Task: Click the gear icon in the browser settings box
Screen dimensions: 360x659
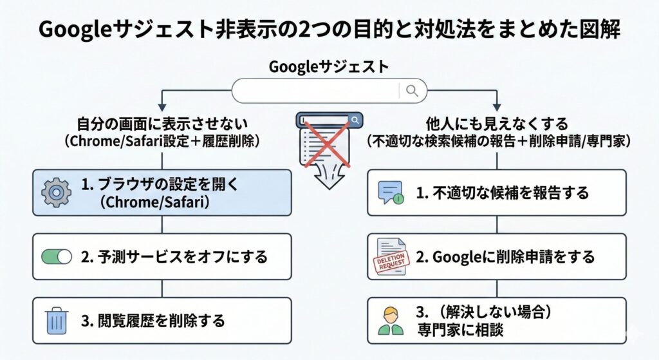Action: [56, 192]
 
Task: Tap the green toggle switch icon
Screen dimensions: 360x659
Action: [57, 256]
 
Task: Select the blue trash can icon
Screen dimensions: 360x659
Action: [57, 321]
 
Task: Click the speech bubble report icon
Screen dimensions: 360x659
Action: [391, 192]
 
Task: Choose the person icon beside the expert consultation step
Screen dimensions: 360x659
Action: [391, 321]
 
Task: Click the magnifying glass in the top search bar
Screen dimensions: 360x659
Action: [412, 90]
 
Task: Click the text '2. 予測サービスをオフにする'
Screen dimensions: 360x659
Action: [174, 256]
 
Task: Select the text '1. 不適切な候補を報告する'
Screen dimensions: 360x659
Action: [502, 192]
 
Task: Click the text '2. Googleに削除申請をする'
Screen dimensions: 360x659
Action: [505, 256]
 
